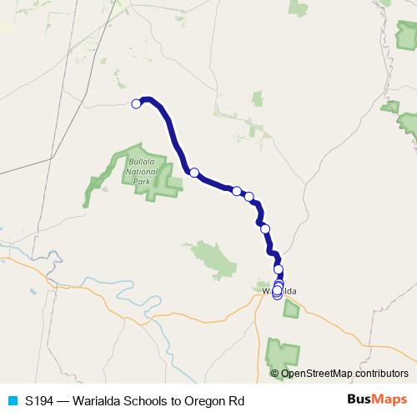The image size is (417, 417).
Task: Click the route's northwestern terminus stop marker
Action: coord(136,103)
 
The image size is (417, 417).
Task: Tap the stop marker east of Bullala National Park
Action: coord(193,173)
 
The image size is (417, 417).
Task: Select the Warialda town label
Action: coord(280,292)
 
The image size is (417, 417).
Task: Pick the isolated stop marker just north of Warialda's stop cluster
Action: coord(279,269)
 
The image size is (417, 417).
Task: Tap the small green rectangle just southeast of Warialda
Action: coord(291,309)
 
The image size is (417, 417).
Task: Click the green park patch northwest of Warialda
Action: coord(208,258)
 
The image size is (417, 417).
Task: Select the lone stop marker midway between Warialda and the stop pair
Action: coord(265,229)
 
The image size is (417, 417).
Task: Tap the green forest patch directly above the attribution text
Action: coord(284,354)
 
